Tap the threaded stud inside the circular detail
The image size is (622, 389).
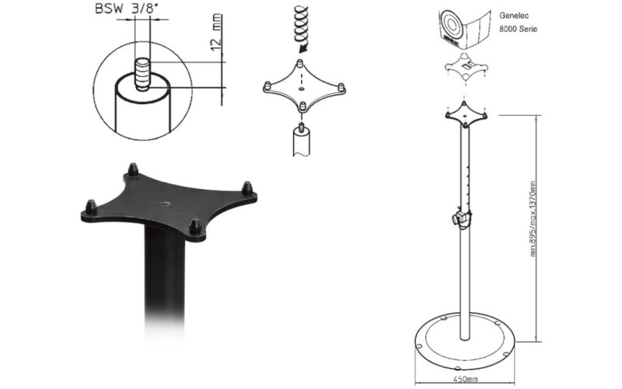coord(142,74)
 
